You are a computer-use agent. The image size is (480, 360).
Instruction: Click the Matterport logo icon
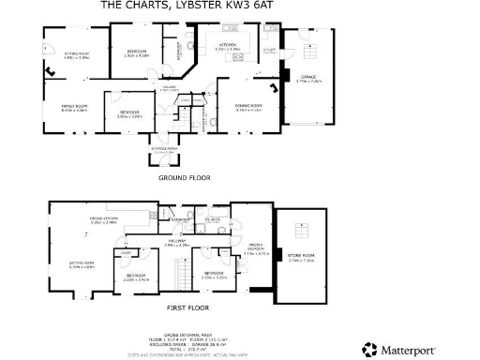(370, 349)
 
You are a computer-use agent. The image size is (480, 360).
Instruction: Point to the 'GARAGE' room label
(308, 78)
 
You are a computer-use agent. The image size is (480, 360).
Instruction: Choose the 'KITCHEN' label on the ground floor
(228, 45)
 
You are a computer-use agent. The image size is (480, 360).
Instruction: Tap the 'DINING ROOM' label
(247, 106)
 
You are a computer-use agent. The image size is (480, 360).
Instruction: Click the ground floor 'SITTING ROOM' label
(77, 54)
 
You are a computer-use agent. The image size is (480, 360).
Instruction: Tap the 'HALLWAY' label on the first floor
(178, 241)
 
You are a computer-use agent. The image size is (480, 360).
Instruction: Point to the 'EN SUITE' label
(213, 219)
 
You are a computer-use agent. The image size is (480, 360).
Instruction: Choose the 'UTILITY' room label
(268, 50)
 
